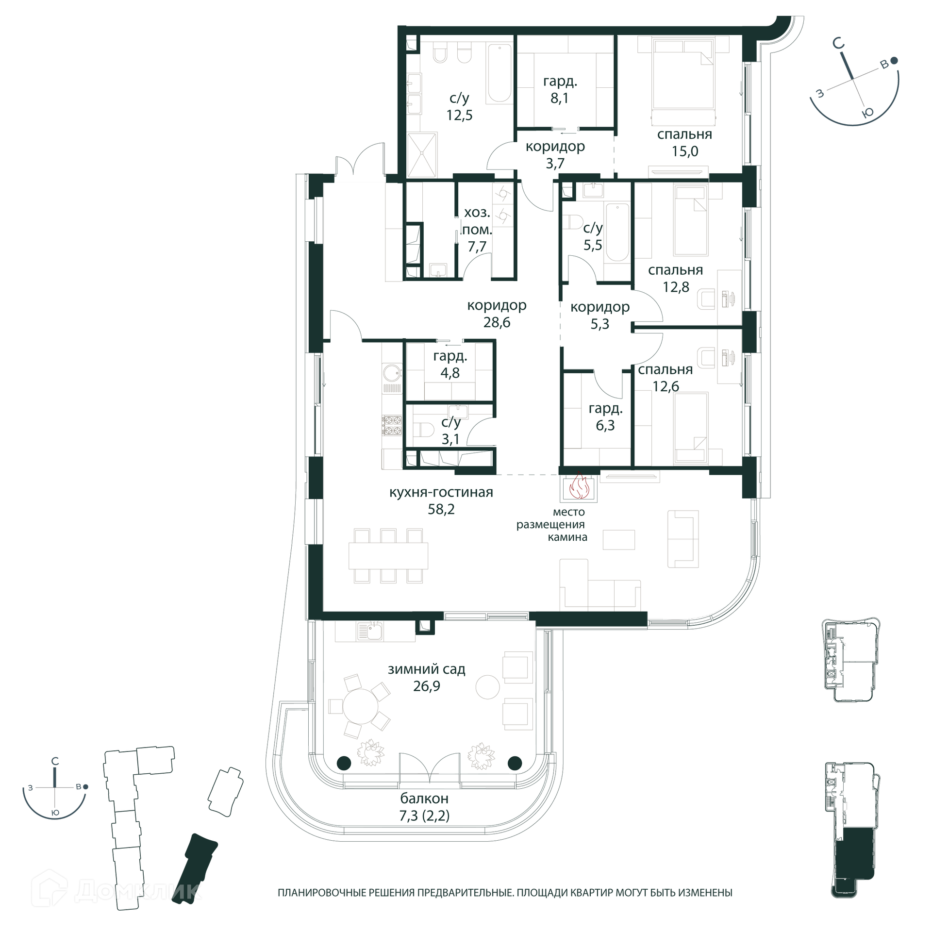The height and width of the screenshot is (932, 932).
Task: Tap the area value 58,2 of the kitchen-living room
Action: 441,509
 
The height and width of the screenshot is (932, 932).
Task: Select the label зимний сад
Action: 427,669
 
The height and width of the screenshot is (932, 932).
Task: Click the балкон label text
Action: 424,799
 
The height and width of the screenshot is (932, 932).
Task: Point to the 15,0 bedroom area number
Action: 685,151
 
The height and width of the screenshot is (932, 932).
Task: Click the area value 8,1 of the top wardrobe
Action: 559,98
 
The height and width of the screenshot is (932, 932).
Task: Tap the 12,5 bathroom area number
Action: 459,115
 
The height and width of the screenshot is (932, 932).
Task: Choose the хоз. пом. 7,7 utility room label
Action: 477,229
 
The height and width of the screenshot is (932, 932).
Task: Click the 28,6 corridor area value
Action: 497,322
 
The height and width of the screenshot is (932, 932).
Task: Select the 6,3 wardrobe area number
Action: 605,425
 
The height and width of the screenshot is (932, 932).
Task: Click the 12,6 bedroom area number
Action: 666,386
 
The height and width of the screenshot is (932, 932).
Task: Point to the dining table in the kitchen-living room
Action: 388,556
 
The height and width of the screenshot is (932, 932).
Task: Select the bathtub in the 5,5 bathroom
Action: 617,232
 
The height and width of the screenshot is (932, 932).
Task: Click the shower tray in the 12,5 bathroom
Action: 422,154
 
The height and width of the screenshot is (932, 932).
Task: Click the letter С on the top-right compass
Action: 838,44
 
